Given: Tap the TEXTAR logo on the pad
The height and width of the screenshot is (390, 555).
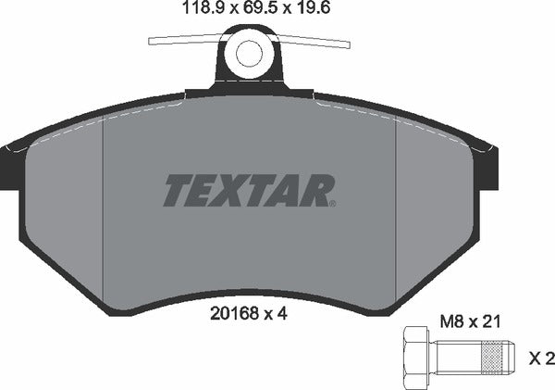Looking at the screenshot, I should coord(247,191).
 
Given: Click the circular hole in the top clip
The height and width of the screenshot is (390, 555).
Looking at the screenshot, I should coord(249,54).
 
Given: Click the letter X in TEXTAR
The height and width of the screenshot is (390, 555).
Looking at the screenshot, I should coord(245,191).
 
